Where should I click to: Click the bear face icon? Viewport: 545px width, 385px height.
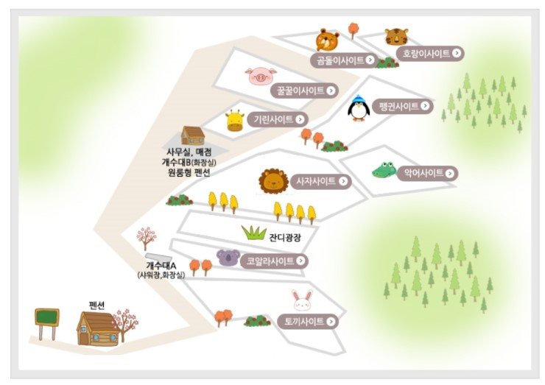tap(328, 40)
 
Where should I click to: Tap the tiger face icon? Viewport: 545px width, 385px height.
tap(396, 36)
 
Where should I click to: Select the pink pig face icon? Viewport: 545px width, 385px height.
tap(261, 76)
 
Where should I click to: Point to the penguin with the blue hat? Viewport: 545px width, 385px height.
tap(357, 107)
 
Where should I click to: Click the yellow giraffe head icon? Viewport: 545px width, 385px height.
tap(235, 120)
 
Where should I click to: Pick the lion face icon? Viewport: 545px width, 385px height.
tap(273, 180)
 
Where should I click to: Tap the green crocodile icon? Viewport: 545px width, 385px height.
tap(384, 170)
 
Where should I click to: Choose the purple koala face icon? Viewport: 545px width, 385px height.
tap(228, 258)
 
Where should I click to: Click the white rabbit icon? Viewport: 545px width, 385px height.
tap(303, 300)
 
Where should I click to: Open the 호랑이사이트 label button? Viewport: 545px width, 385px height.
tap(430, 53)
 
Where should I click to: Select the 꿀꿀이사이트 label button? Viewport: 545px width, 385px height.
tap(304, 91)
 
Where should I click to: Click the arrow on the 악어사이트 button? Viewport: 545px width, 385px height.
tap(450, 173)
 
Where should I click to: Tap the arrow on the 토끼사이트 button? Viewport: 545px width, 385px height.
tap(331, 322)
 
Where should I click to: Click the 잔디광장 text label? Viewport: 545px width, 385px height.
tap(285, 238)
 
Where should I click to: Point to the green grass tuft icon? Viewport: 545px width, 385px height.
tap(254, 233)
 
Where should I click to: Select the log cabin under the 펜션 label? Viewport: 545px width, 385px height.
tap(99, 329)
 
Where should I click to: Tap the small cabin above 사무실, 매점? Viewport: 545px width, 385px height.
tap(192, 135)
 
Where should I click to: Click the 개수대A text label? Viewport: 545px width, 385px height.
tap(161, 266)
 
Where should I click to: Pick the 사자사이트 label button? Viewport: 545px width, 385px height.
tap(321, 181)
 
